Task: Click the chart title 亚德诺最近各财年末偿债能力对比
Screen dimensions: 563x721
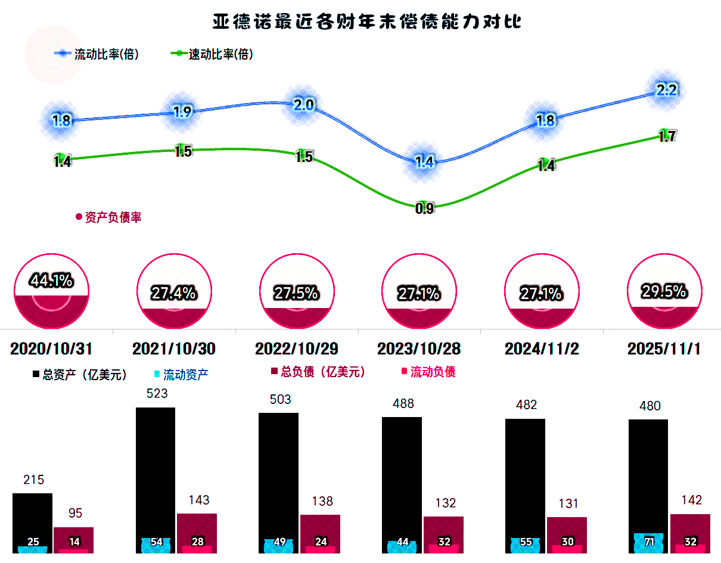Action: (x=367, y=23)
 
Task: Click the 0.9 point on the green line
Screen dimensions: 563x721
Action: (x=424, y=208)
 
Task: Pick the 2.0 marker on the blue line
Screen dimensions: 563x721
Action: (x=303, y=105)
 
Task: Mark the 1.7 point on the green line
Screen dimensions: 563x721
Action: (x=667, y=135)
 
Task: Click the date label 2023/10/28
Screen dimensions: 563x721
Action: (x=419, y=349)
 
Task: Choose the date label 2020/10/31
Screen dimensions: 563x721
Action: (x=52, y=349)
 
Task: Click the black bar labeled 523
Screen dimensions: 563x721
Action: (x=156, y=477)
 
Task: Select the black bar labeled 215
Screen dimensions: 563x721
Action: (x=32, y=518)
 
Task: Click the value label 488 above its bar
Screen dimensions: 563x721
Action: (x=403, y=404)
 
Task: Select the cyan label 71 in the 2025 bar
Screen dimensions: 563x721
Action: (x=649, y=542)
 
